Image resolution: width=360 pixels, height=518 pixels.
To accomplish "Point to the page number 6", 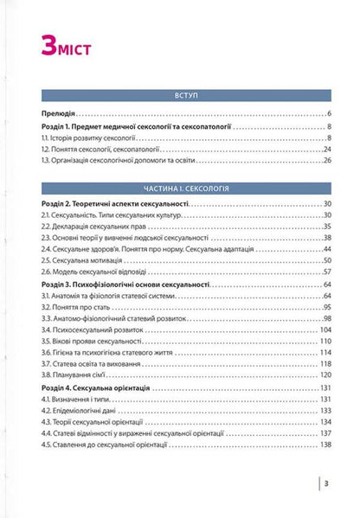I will pos(331,114).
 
